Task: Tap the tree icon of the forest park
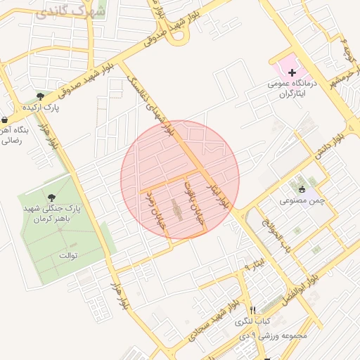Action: coord(51,197)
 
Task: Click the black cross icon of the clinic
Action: coord(292,72)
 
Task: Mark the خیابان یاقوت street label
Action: coord(189,200)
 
